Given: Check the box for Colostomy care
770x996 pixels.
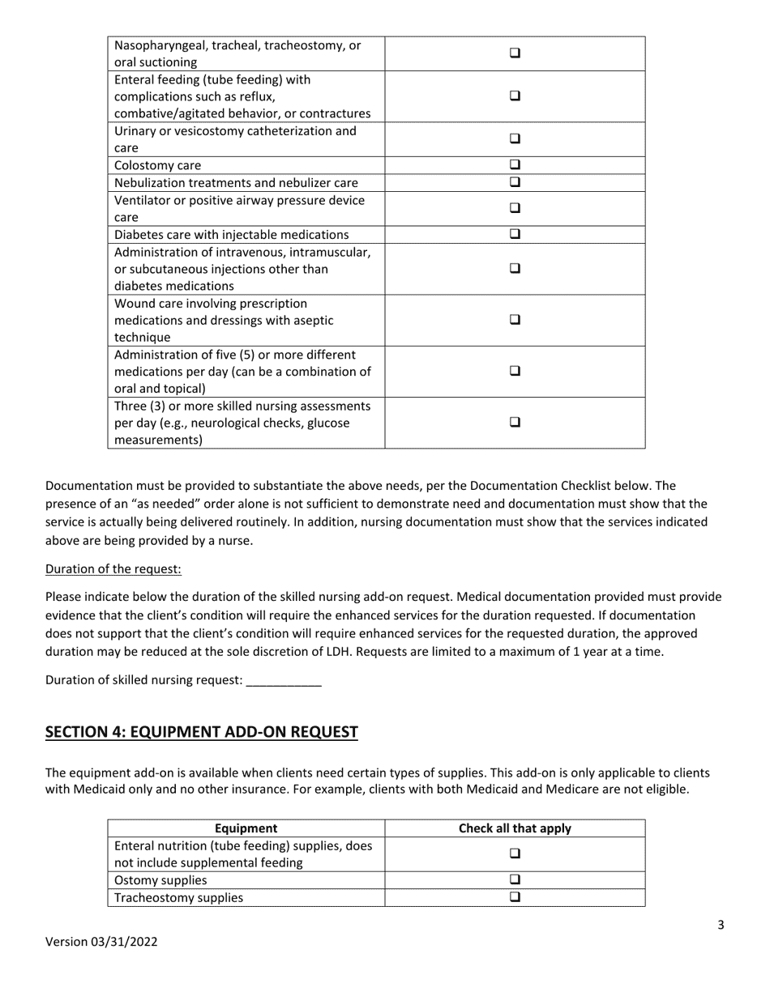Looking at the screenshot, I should click(515, 165).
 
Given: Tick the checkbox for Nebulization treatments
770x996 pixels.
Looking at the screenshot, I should click(515, 182).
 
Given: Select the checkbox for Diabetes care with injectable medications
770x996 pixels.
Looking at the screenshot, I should click(515, 234).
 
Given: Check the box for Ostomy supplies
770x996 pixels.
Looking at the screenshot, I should click(515, 879).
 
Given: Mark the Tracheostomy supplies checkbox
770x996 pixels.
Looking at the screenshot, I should click(515, 896).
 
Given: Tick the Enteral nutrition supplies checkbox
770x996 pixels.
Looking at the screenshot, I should click(515, 853).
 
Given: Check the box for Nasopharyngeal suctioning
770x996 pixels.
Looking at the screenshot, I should click(515, 53).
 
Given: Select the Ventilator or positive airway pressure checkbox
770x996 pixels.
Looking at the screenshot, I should click(515, 208).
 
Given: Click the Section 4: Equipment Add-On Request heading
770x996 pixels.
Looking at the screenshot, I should click(201, 732).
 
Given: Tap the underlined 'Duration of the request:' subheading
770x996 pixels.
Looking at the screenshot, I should click(113, 568).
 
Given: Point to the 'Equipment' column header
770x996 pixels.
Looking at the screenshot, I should click(246, 828).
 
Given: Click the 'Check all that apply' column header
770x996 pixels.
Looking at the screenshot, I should click(515, 828).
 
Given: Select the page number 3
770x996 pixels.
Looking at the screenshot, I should click(721, 926).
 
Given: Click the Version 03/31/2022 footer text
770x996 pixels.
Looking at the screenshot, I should click(101, 941).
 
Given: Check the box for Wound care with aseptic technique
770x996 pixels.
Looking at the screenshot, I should click(515, 320).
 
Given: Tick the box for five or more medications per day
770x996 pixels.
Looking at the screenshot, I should click(515, 371).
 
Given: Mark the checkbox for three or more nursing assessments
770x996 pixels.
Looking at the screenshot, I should click(515, 422).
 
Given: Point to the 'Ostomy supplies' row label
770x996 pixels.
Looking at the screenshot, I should click(160, 879).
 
